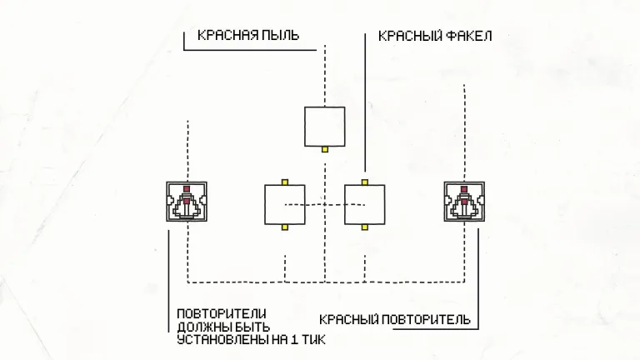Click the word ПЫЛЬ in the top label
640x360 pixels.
[x=278, y=36]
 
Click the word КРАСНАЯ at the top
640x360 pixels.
[x=226, y=36]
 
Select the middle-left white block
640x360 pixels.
[x=284, y=204]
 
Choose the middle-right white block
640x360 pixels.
[x=365, y=204]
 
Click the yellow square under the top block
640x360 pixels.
[x=325, y=149]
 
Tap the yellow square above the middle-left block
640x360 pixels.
[x=284, y=181]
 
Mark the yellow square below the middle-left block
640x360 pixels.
[x=284, y=227]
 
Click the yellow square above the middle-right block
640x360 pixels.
[x=365, y=181]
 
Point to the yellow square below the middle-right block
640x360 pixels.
[x=365, y=227]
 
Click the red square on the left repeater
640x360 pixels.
[x=187, y=189]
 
